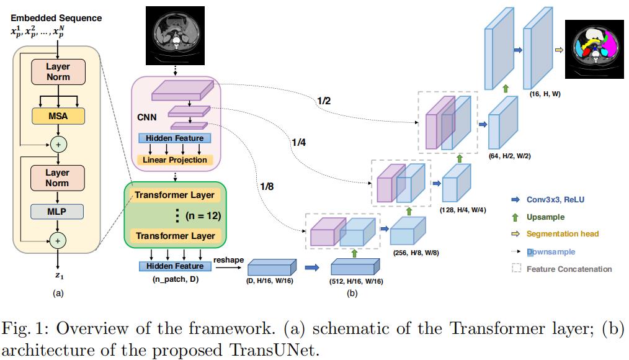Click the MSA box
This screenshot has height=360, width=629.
point(58,115)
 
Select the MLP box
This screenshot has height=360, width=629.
point(58,211)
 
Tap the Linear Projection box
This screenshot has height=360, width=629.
point(174,160)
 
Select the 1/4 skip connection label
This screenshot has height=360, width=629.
point(299,143)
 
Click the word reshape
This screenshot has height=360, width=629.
point(228,259)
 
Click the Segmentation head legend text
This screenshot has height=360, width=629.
point(563,234)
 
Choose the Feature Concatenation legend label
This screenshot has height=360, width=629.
point(569,269)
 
